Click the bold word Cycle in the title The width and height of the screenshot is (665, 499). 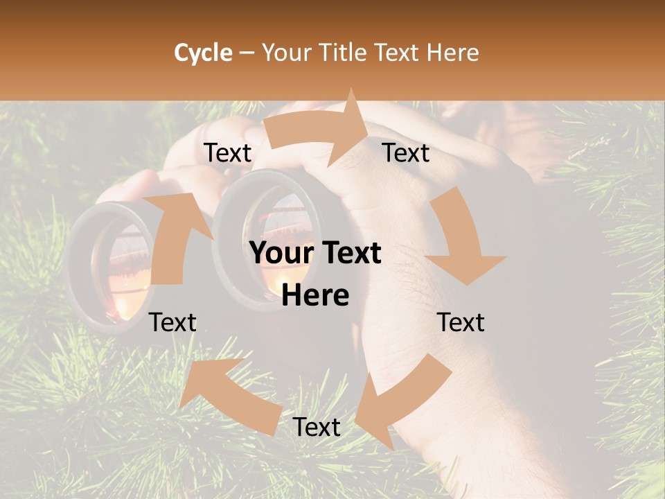coord(203,53)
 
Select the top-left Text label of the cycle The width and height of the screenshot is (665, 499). coord(227,153)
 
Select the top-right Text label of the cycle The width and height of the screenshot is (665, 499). coord(406,153)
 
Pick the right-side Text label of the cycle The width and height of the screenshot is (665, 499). coord(461,322)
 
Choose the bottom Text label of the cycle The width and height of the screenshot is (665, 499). coord(317,427)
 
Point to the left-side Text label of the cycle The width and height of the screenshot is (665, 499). coord(172,322)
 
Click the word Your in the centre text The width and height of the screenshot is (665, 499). coord(278,254)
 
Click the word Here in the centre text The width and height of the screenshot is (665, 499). coord(315,296)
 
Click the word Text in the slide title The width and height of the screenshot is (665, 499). coord(398,53)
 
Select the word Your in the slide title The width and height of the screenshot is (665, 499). coord(286,53)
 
